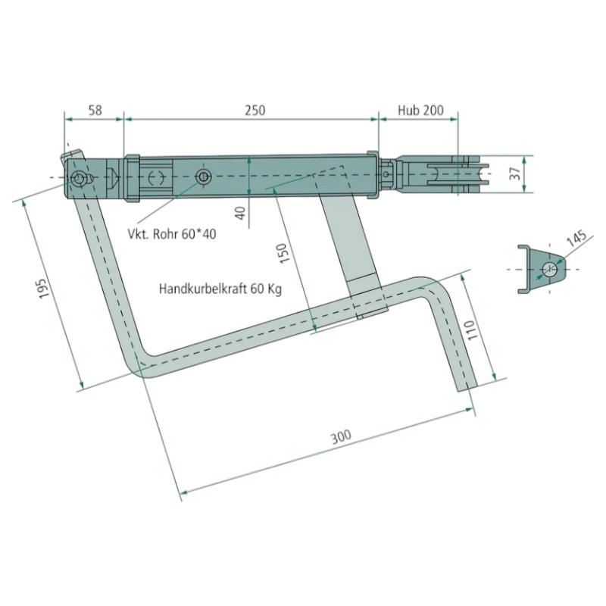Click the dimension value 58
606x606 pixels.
coord(95,110)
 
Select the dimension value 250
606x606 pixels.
coord(255,110)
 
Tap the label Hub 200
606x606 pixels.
coord(421,110)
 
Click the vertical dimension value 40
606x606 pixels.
coord(240,213)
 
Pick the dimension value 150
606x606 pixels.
coord(285,253)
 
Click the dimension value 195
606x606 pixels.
coord(45,288)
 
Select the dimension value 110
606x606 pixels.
coord(473,330)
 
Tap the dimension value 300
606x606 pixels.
coord(342,436)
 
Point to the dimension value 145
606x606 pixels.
coord(576,238)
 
